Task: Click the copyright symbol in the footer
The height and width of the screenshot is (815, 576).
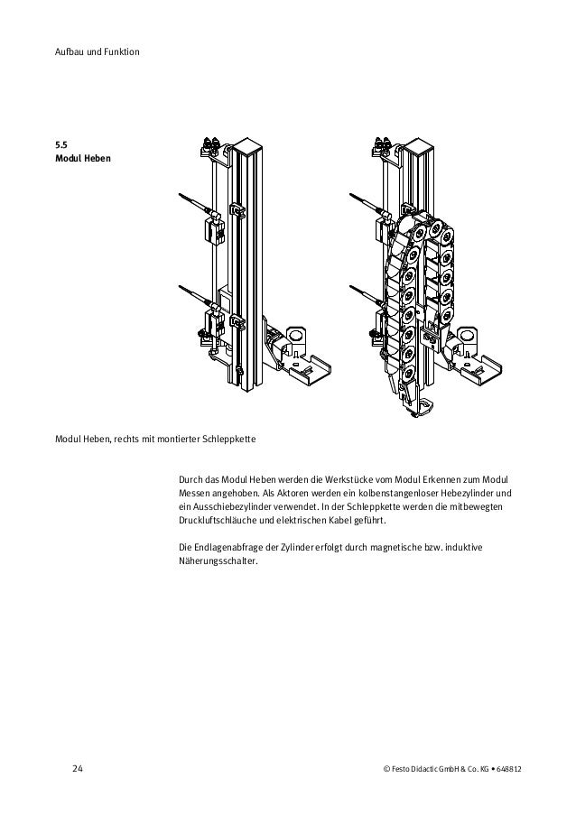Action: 387,769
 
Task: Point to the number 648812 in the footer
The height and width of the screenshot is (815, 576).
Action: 517,769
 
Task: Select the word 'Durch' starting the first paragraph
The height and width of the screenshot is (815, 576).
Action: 192,478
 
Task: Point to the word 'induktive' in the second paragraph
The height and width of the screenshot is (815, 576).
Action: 492,547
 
